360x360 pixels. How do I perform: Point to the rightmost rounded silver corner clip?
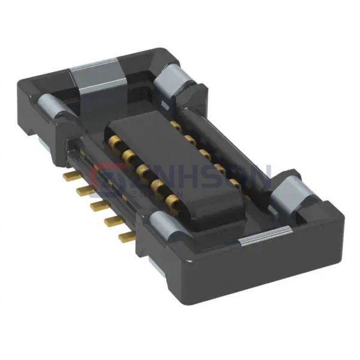point(292,193)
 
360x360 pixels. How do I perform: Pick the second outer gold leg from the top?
point(84,191)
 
